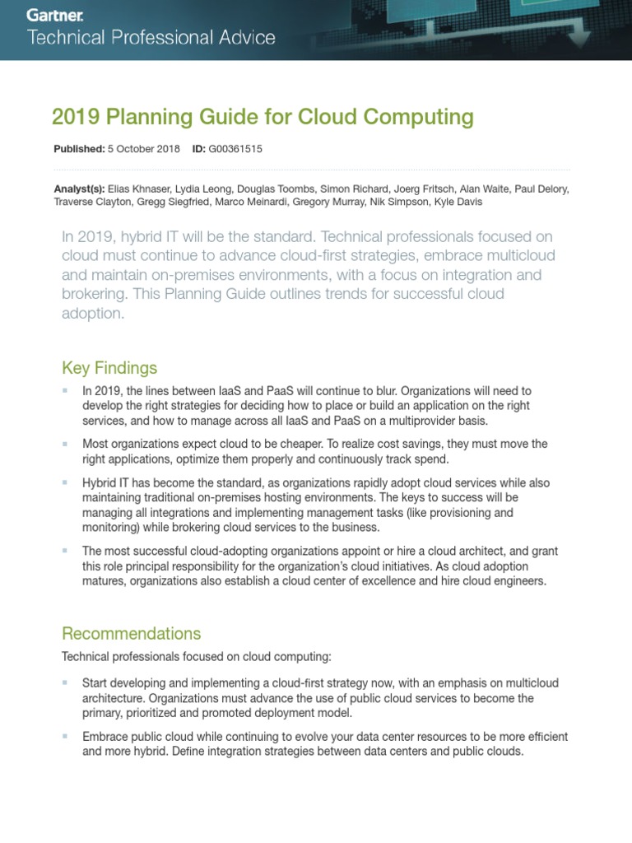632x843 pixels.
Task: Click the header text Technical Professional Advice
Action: pyautogui.click(x=152, y=38)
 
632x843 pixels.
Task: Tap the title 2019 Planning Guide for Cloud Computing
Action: pyautogui.click(x=263, y=117)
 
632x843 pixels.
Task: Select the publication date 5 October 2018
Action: pyautogui.click(x=144, y=149)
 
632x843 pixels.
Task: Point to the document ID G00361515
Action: pyautogui.click(x=235, y=149)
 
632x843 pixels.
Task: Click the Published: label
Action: pyautogui.click(x=79, y=149)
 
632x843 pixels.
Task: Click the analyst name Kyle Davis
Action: pyautogui.click(x=458, y=202)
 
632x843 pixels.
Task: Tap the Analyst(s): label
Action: pyautogui.click(x=79, y=189)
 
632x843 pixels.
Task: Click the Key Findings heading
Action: pyautogui.click(x=109, y=367)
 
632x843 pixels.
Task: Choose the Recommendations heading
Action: pyautogui.click(x=132, y=633)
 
